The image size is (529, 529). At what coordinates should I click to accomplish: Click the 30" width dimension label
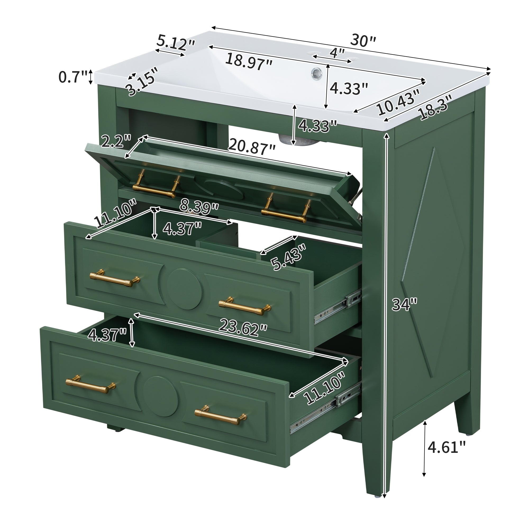(363, 41)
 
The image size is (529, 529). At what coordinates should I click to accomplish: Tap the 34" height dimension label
(404, 304)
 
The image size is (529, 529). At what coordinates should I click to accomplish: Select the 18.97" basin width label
(249, 62)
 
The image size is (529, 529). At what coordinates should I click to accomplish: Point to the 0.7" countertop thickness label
(73, 77)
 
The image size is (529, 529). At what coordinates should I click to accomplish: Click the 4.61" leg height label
(446, 447)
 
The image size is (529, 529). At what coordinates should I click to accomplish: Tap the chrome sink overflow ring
(317, 73)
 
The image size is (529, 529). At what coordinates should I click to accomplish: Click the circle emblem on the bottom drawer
(161, 397)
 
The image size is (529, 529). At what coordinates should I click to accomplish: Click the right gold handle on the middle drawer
(245, 306)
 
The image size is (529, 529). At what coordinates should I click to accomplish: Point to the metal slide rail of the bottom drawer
(326, 408)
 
